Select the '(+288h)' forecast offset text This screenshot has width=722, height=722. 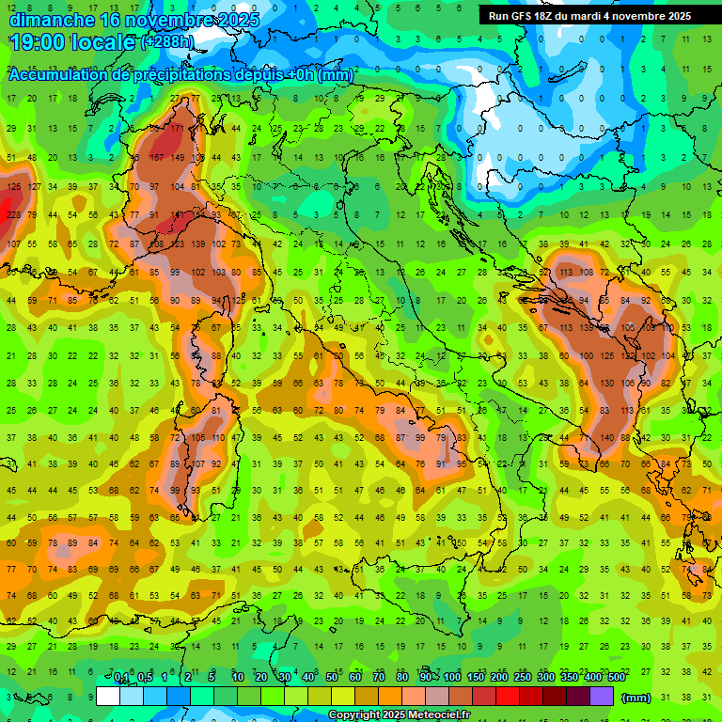tap(167, 42)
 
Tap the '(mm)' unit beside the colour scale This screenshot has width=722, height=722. tap(636, 698)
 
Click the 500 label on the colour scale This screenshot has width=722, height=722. tap(617, 678)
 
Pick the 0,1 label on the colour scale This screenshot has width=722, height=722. tap(121, 678)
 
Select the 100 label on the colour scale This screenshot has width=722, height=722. tap(451, 678)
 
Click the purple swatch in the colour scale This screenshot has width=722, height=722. tap(601, 696)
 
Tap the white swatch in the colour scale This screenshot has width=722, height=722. tap(108, 696)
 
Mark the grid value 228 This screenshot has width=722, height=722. tap(13, 215)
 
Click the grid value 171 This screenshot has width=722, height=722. tap(177, 129)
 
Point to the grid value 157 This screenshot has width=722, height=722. tap(156, 158)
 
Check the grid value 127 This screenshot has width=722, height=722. tap(34, 186)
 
